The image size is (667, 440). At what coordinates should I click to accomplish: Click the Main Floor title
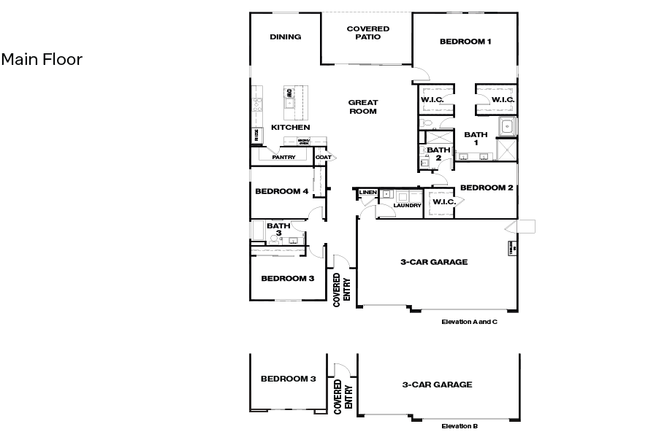click(x=42, y=59)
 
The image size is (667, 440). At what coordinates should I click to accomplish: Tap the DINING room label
click(x=285, y=37)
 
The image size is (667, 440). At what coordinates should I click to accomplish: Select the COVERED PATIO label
click(x=367, y=33)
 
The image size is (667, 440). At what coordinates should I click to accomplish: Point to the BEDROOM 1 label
click(x=465, y=42)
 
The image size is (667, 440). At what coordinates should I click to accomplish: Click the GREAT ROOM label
click(x=362, y=107)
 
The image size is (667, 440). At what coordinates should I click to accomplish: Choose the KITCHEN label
click(x=291, y=128)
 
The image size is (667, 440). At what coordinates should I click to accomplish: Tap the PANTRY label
click(x=283, y=157)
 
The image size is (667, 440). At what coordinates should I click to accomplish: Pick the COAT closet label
click(x=322, y=157)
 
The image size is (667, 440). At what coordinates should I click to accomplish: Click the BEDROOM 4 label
click(x=281, y=192)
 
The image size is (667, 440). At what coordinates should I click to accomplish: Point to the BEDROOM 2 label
click(x=487, y=188)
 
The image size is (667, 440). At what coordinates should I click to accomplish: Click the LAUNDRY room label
click(x=407, y=206)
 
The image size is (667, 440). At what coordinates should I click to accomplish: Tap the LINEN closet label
click(x=367, y=193)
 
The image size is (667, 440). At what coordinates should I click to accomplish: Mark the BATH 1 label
click(x=476, y=139)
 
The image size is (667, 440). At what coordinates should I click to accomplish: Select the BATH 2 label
click(x=438, y=153)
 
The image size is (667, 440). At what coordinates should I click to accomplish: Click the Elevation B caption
click(x=460, y=426)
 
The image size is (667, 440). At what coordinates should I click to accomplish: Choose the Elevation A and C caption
click(x=469, y=321)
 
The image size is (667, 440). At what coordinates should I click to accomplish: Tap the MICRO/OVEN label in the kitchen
click(x=303, y=142)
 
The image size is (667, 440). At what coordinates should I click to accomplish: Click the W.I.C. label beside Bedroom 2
click(x=444, y=202)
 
